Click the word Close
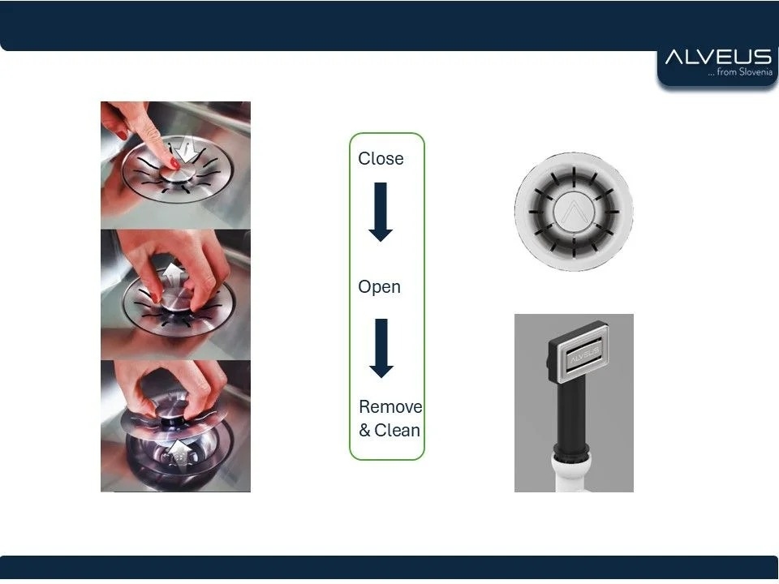coord(381,158)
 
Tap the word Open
coord(379,287)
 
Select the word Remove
coord(390,406)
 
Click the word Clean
coord(398,430)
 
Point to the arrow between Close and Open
coord(381,212)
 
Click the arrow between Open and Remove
coord(381,348)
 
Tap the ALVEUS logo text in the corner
coord(718,57)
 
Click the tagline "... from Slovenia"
coord(740,72)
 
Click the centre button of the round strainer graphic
coord(574,212)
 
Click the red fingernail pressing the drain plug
coord(175,162)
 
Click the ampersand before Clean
coord(364,431)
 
